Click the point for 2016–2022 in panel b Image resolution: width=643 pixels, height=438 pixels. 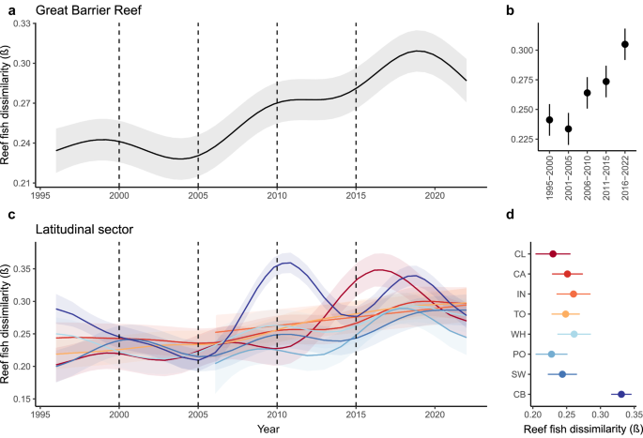coord(625,44)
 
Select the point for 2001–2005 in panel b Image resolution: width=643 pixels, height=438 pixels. coord(568,128)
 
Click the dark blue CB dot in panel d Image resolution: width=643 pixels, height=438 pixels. coord(620,395)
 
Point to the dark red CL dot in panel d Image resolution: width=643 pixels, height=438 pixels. coord(553,253)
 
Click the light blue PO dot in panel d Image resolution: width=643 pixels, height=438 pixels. coord(552,355)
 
